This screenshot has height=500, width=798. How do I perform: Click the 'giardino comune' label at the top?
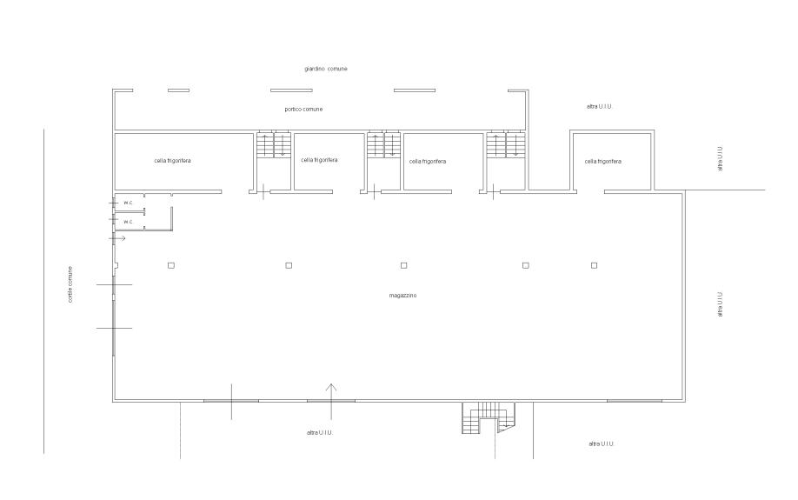(326, 68)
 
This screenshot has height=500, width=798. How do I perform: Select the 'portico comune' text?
(304, 110)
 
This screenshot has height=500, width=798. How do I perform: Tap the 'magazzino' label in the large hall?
(403, 296)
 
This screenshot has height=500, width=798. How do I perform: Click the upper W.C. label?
(128, 203)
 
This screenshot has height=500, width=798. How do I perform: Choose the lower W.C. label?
(128, 223)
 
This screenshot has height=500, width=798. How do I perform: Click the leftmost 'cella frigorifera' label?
(173, 161)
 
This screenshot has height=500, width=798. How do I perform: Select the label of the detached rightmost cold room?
(603, 161)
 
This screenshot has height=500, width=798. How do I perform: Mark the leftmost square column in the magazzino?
(172, 264)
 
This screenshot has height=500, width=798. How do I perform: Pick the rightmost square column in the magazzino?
(595, 264)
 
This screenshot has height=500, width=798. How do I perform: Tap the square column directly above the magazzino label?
(404, 264)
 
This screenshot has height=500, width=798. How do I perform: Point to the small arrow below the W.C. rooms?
(118, 237)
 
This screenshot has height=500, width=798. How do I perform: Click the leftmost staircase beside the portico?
(273, 144)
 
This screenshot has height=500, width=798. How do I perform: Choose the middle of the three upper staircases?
(383, 144)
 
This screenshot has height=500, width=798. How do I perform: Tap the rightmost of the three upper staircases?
(506, 144)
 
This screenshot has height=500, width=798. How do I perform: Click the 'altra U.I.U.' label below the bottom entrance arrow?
(320, 431)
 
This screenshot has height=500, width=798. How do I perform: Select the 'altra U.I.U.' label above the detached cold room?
(600, 106)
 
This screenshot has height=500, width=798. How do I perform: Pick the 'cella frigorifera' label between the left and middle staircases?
(319, 161)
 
